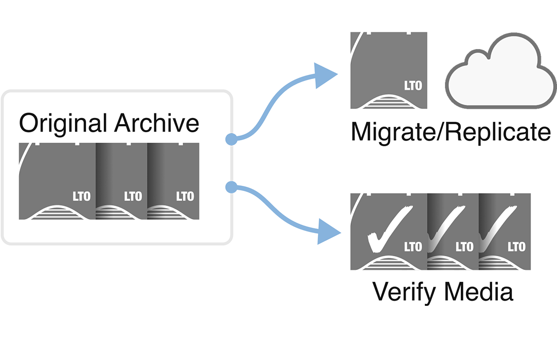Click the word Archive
point(156,123)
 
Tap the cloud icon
point(500,71)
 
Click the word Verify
point(405,293)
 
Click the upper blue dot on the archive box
point(231,139)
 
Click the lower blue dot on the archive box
point(231,187)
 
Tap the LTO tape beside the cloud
point(388,70)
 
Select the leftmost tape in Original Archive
point(57,181)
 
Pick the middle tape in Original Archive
point(122,181)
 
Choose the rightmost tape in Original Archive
point(173,181)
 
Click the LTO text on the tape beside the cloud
point(413,86)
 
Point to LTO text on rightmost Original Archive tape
point(185,196)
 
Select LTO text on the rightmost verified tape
point(516,247)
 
